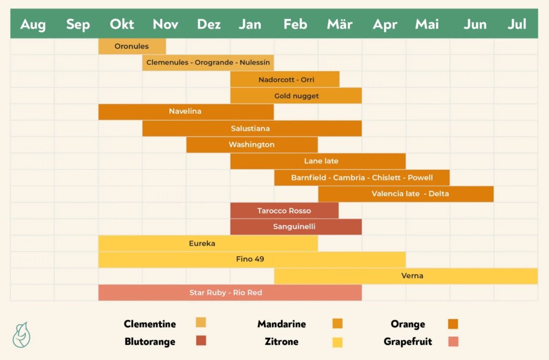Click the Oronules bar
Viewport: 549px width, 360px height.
(x=132, y=47)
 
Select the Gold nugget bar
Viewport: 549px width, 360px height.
(x=296, y=96)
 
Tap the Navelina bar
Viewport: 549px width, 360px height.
(x=186, y=112)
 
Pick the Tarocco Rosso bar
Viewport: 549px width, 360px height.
(x=284, y=211)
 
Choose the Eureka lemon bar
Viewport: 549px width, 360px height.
(x=207, y=243)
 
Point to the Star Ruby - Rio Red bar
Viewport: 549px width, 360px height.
(x=229, y=292)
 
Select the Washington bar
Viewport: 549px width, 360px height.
(x=251, y=145)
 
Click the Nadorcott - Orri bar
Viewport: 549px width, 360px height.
(x=285, y=79)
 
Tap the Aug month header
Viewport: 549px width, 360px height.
(x=33, y=25)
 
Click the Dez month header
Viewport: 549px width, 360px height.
(x=209, y=25)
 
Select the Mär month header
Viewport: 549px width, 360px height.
(x=339, y=25)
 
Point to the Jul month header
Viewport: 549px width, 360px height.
(x=517, y=25)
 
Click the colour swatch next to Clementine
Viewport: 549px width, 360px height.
(x=201, y=322)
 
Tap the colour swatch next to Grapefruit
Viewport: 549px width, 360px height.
(x=453, y=341)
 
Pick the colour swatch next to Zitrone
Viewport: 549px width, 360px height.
(x=337, y=342)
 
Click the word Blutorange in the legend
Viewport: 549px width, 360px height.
(x=150, y=341)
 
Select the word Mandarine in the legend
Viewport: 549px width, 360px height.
(x=281, y=324)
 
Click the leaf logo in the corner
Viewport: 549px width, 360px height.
(x=21, y=334)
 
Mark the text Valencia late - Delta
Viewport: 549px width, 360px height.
(x=410, y=194)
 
